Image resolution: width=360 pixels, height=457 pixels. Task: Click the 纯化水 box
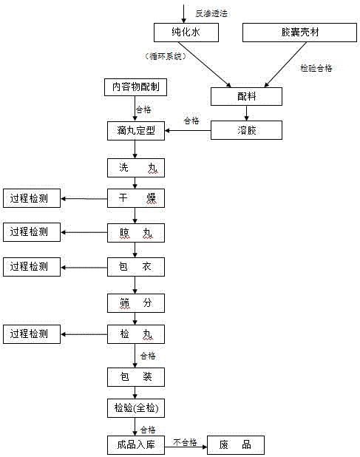point(182,32)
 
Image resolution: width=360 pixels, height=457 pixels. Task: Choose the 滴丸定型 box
point(135,131)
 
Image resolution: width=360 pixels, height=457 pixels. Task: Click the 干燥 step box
point(135,198)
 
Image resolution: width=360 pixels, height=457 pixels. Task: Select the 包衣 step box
point(135,265)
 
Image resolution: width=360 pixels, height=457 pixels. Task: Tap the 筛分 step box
point(135,301)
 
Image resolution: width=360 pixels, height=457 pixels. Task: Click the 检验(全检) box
point(135,409)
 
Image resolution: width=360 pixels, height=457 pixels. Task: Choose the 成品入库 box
point(135,444)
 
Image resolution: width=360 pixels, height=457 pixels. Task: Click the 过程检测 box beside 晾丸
point(30,232)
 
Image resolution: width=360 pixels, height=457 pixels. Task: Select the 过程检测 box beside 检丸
point(30,334)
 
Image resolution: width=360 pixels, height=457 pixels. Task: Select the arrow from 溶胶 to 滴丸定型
point(188,131)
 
